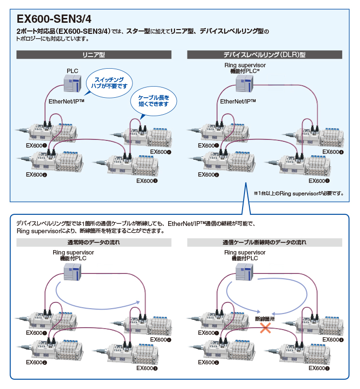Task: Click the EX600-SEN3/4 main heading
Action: coord(54,19)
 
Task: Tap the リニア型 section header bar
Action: coord(94,55)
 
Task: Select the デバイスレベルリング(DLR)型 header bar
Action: coord(264,55)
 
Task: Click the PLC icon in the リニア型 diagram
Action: coord(72,83)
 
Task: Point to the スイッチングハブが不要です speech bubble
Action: coord(109,83)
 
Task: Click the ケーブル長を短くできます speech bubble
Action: coord(153,101)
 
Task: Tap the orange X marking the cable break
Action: coord(265,328)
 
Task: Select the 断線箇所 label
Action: coord(265,319)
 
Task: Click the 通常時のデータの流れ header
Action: coord(94,242)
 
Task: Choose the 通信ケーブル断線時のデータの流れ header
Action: coord(264,242)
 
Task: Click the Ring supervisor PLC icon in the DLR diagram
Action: coord(245,83)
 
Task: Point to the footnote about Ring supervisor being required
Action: coord(299,193)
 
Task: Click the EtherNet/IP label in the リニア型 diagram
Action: coord(66,102)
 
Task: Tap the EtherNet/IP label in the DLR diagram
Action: coord(238,102)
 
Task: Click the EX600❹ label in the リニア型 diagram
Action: coord(160,152)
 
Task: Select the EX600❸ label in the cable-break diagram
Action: coord(319,368)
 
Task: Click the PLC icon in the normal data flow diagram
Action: coord(72,271)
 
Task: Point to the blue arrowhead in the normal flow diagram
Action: coord(137,302)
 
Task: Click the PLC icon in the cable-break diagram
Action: coord(245,271)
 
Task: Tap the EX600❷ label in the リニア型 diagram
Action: coord(36,175)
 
